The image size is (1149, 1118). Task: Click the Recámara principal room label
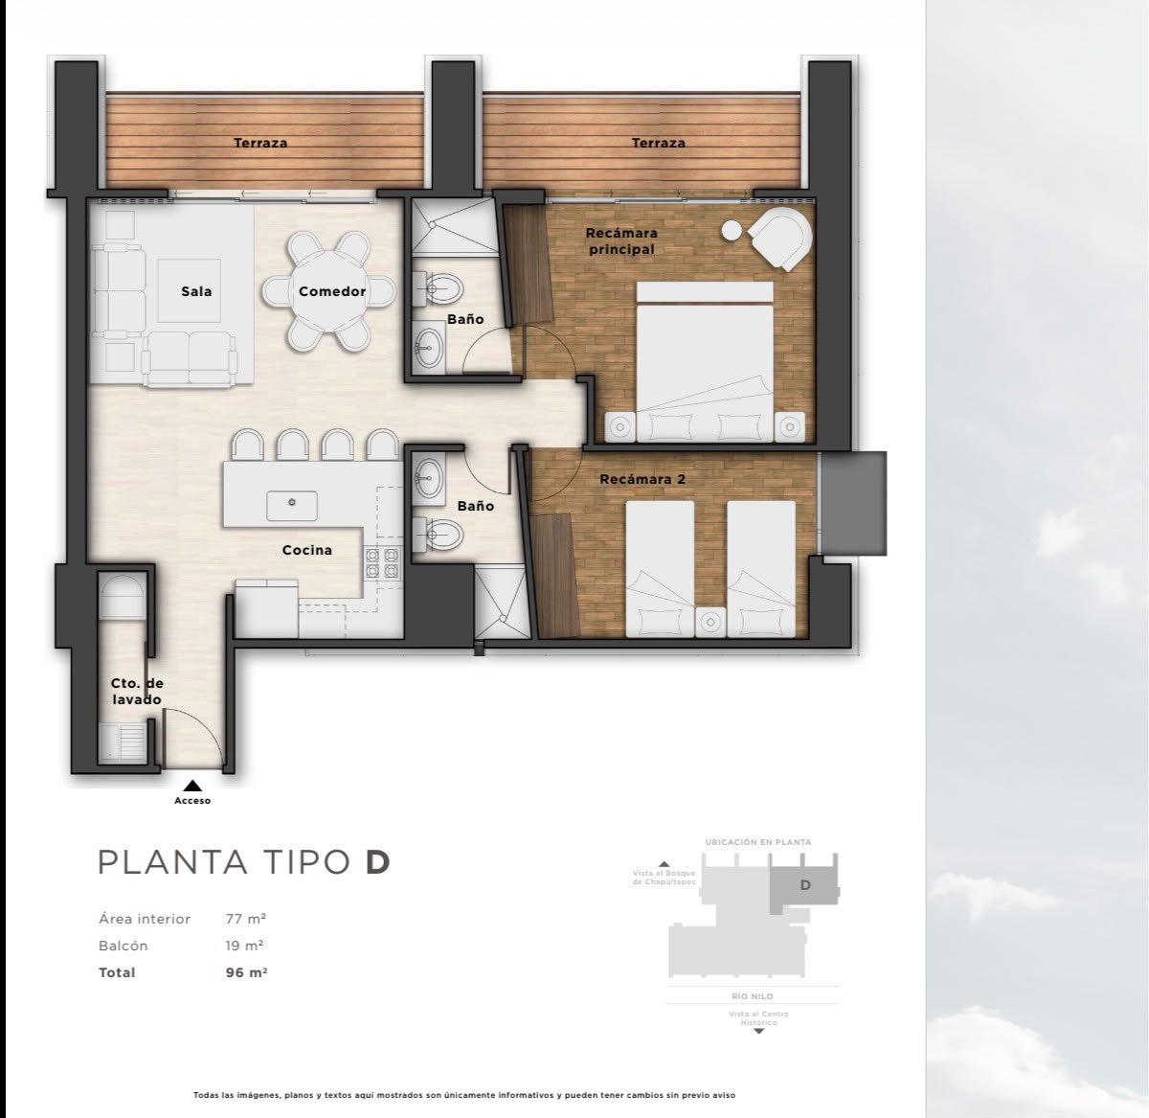tap(621, 241)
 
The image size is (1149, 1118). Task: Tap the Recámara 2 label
tap(642, 479)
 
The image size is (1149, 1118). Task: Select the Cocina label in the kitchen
tap(307, 550)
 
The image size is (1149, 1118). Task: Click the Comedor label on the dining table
tap(332, 291)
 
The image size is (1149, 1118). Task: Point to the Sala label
tap(196, 291)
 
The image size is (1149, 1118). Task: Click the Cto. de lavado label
tap(137, 692)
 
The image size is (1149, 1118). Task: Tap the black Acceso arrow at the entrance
tap(192, 786)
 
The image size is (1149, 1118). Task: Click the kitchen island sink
tap(292, 505)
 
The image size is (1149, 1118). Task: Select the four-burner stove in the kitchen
tap(382, 562)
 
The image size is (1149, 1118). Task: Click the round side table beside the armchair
tap(732, 231)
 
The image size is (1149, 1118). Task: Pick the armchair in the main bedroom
tap(780, 240)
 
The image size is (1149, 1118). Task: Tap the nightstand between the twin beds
tap(710, 622)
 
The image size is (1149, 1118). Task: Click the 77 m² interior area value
tap(246, 919)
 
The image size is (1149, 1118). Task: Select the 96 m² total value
tap(246, 972)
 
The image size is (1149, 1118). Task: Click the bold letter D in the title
tap(378, 862)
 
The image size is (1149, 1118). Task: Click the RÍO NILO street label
tap(753, 996)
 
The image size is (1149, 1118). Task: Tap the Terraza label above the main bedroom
tap(659, 143)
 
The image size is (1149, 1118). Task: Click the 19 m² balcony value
tap(244, 946)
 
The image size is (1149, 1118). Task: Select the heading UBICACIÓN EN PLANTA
tap(758, 841)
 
